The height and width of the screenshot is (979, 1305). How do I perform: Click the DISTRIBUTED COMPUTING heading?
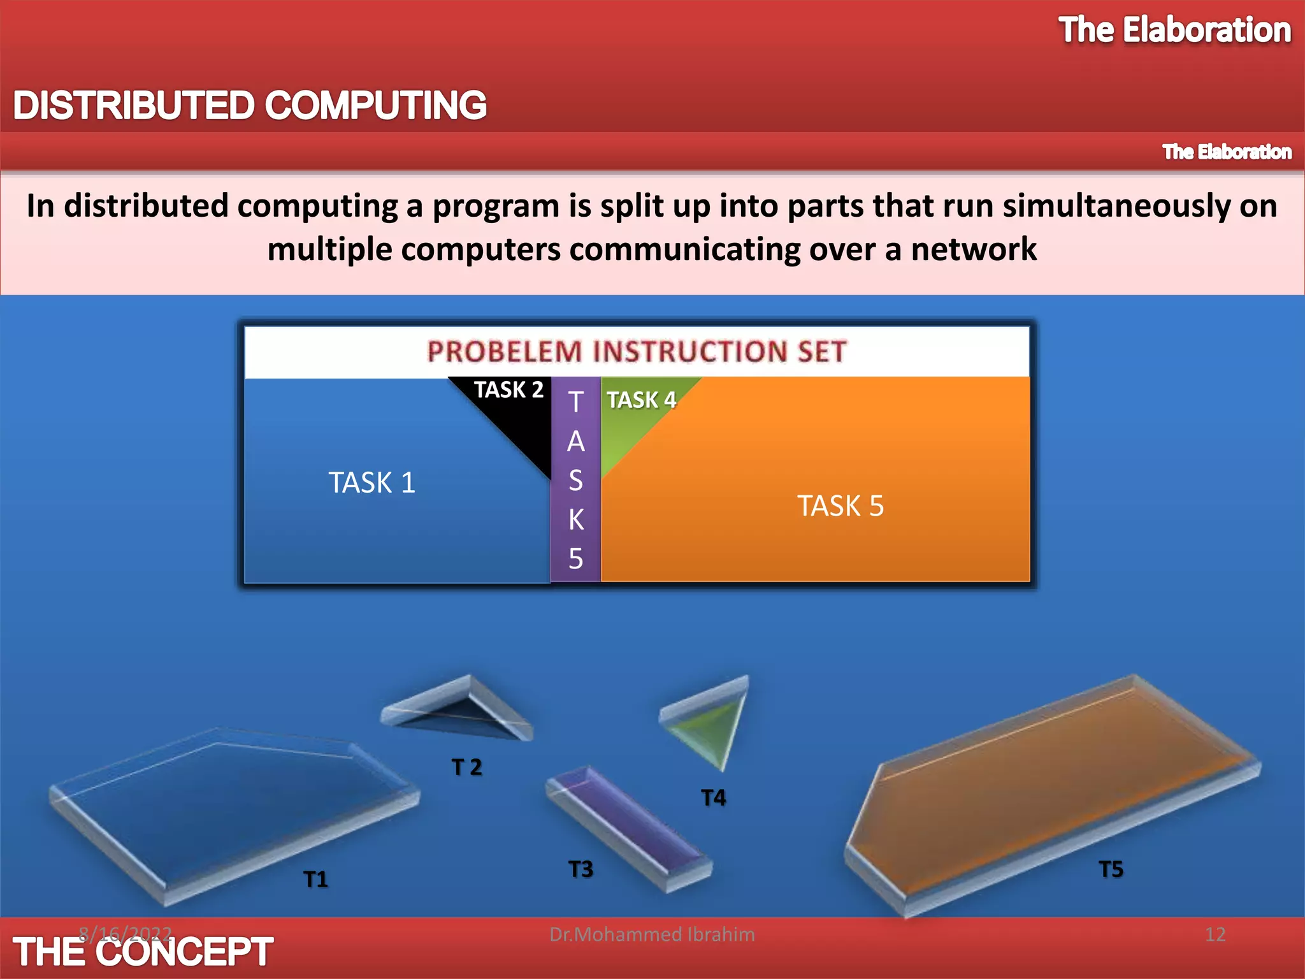point(250,105)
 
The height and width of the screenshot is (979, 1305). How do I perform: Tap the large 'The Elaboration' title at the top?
point(1174,31)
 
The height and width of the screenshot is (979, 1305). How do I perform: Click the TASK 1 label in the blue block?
point(371,482)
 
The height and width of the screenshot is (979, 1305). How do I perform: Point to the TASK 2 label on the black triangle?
point(508,389)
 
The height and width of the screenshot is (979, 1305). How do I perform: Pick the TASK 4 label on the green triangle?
point(641,400)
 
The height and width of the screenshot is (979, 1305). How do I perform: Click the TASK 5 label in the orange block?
point(840,506)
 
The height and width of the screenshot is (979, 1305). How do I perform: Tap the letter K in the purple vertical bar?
point(575,519)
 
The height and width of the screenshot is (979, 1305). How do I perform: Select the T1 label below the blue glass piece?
point(315,880)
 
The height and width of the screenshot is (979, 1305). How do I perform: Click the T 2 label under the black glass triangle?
point(466,767)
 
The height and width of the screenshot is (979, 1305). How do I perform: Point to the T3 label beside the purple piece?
point(580,869)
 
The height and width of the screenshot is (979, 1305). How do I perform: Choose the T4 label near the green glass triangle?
point(713,797)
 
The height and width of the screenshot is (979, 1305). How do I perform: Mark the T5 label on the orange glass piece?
point(1111,869)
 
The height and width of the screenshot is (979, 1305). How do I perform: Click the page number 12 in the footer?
point(1215,934)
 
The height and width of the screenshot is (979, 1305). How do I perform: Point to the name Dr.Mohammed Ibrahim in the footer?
point(652,934)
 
